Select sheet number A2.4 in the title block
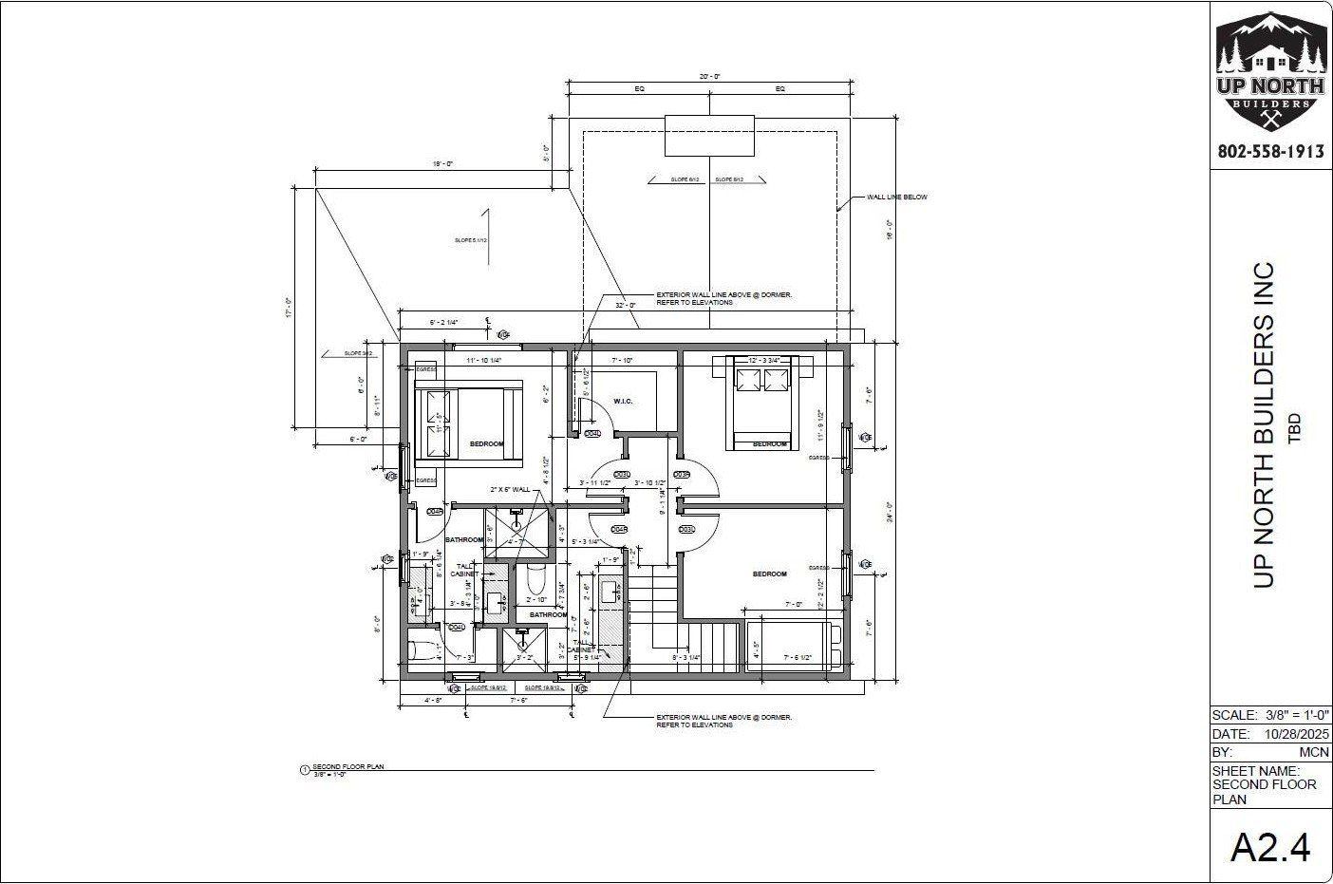point(1270,846)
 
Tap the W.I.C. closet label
point(623,401)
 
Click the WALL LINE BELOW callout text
point(896,197)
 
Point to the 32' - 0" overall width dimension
point(625,306)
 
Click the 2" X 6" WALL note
point(510,489)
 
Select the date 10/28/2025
point(1297,734)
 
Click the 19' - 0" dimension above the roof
point(442,164)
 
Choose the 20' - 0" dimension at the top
point(710,76)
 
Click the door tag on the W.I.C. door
point(592,434)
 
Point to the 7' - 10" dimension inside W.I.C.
point(623,361)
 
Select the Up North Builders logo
point(1270,71)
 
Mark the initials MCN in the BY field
point(1314,752)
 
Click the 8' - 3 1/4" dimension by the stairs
point(686,657)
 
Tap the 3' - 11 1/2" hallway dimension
point(594,483)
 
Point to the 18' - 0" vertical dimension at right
point(889,230)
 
